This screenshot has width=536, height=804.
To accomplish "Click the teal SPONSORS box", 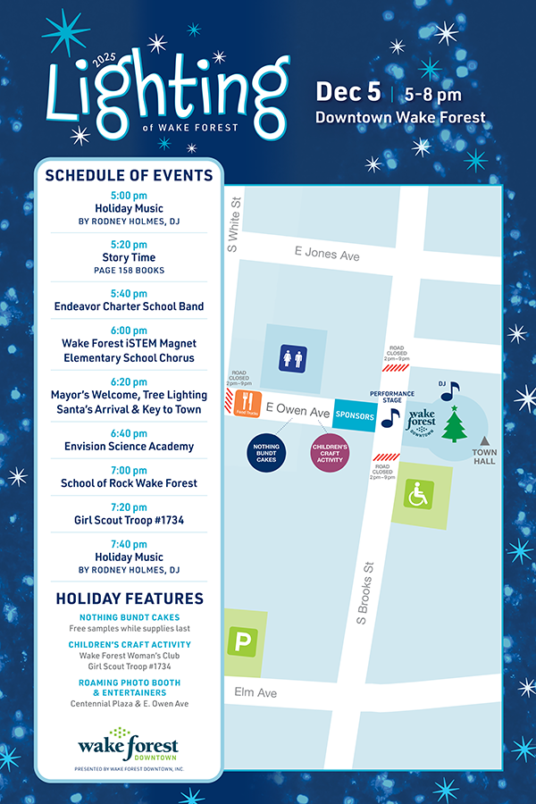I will tap(355, 416).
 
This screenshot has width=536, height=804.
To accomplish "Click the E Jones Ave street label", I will tap(327, 255).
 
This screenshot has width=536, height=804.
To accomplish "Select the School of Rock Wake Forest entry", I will tap(130, 483).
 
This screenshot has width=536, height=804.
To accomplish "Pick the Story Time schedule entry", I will tap(130, 257).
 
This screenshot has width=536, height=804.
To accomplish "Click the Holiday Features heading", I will tap(130, 599).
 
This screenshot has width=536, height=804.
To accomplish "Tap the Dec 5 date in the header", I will tap(348, 93).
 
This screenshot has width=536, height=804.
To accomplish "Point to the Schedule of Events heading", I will tap(130, 175).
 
